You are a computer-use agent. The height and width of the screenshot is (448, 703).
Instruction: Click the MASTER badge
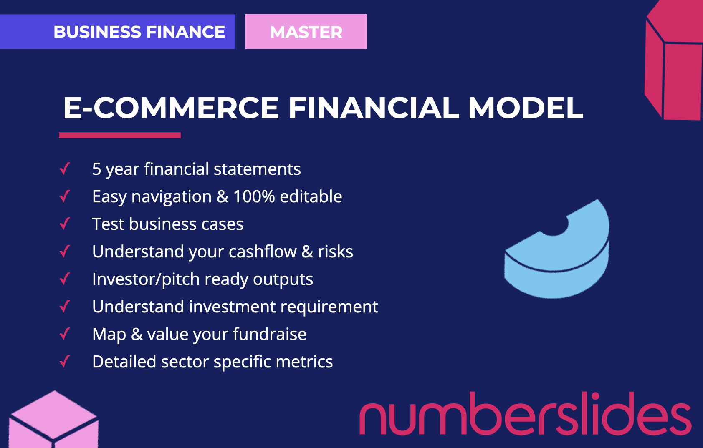click(x=306, y=32)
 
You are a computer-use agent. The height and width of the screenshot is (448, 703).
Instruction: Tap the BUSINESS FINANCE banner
click(x=117, y=32)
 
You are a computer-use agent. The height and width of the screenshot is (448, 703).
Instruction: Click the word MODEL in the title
click(x=526, y=108)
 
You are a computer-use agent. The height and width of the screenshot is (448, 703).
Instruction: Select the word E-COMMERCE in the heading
click(x=171, y=108)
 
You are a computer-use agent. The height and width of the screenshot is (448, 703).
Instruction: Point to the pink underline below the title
click(x=119, y=135)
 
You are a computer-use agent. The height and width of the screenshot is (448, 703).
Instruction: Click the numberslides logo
click(x=525, y=413)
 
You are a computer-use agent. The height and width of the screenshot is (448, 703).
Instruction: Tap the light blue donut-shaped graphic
click(x=557, y=249)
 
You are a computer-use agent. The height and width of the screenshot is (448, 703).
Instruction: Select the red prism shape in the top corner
click(x=673, y=60)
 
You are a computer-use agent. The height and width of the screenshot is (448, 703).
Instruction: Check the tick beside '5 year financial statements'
click(x=65, y=169)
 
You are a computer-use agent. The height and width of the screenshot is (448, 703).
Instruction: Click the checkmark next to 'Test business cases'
click(x=65, y=224)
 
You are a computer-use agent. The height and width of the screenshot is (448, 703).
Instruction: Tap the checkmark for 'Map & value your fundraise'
click(x=65, y=334)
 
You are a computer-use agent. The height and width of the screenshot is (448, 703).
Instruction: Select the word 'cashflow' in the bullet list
click(x=263, y=252)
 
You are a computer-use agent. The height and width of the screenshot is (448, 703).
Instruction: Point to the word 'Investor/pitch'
click(x=146, y=279)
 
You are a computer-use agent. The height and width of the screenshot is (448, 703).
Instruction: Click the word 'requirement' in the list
click(x=329, y=307)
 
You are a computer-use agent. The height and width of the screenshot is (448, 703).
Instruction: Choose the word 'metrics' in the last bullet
click(x=304, y=362)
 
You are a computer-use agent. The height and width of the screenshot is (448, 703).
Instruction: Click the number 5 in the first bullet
click(x=96, y=169)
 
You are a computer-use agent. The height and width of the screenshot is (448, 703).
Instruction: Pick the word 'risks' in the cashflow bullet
click(x=336, y=252)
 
